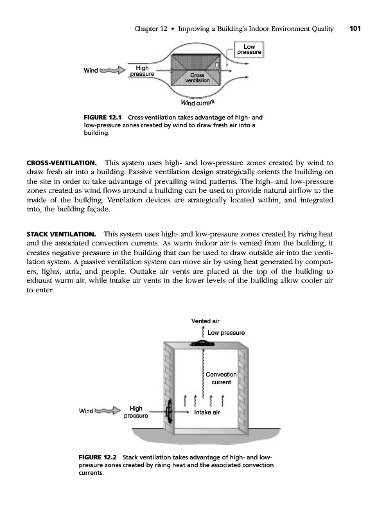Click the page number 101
356,28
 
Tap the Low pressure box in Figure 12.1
250,49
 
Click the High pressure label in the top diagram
142,71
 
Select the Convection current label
222,378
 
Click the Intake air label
207,412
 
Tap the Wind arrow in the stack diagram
107,409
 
